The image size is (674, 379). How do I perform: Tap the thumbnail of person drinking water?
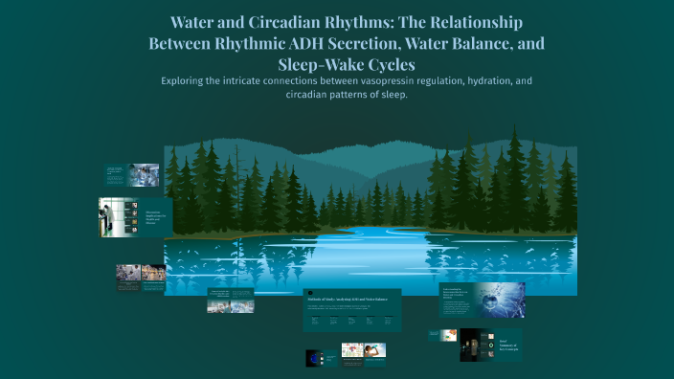point(448,335)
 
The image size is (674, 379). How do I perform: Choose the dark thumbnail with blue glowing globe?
point(313,358)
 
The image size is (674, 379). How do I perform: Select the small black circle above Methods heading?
point(309,293)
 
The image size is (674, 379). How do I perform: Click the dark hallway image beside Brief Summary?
point(472,344)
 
